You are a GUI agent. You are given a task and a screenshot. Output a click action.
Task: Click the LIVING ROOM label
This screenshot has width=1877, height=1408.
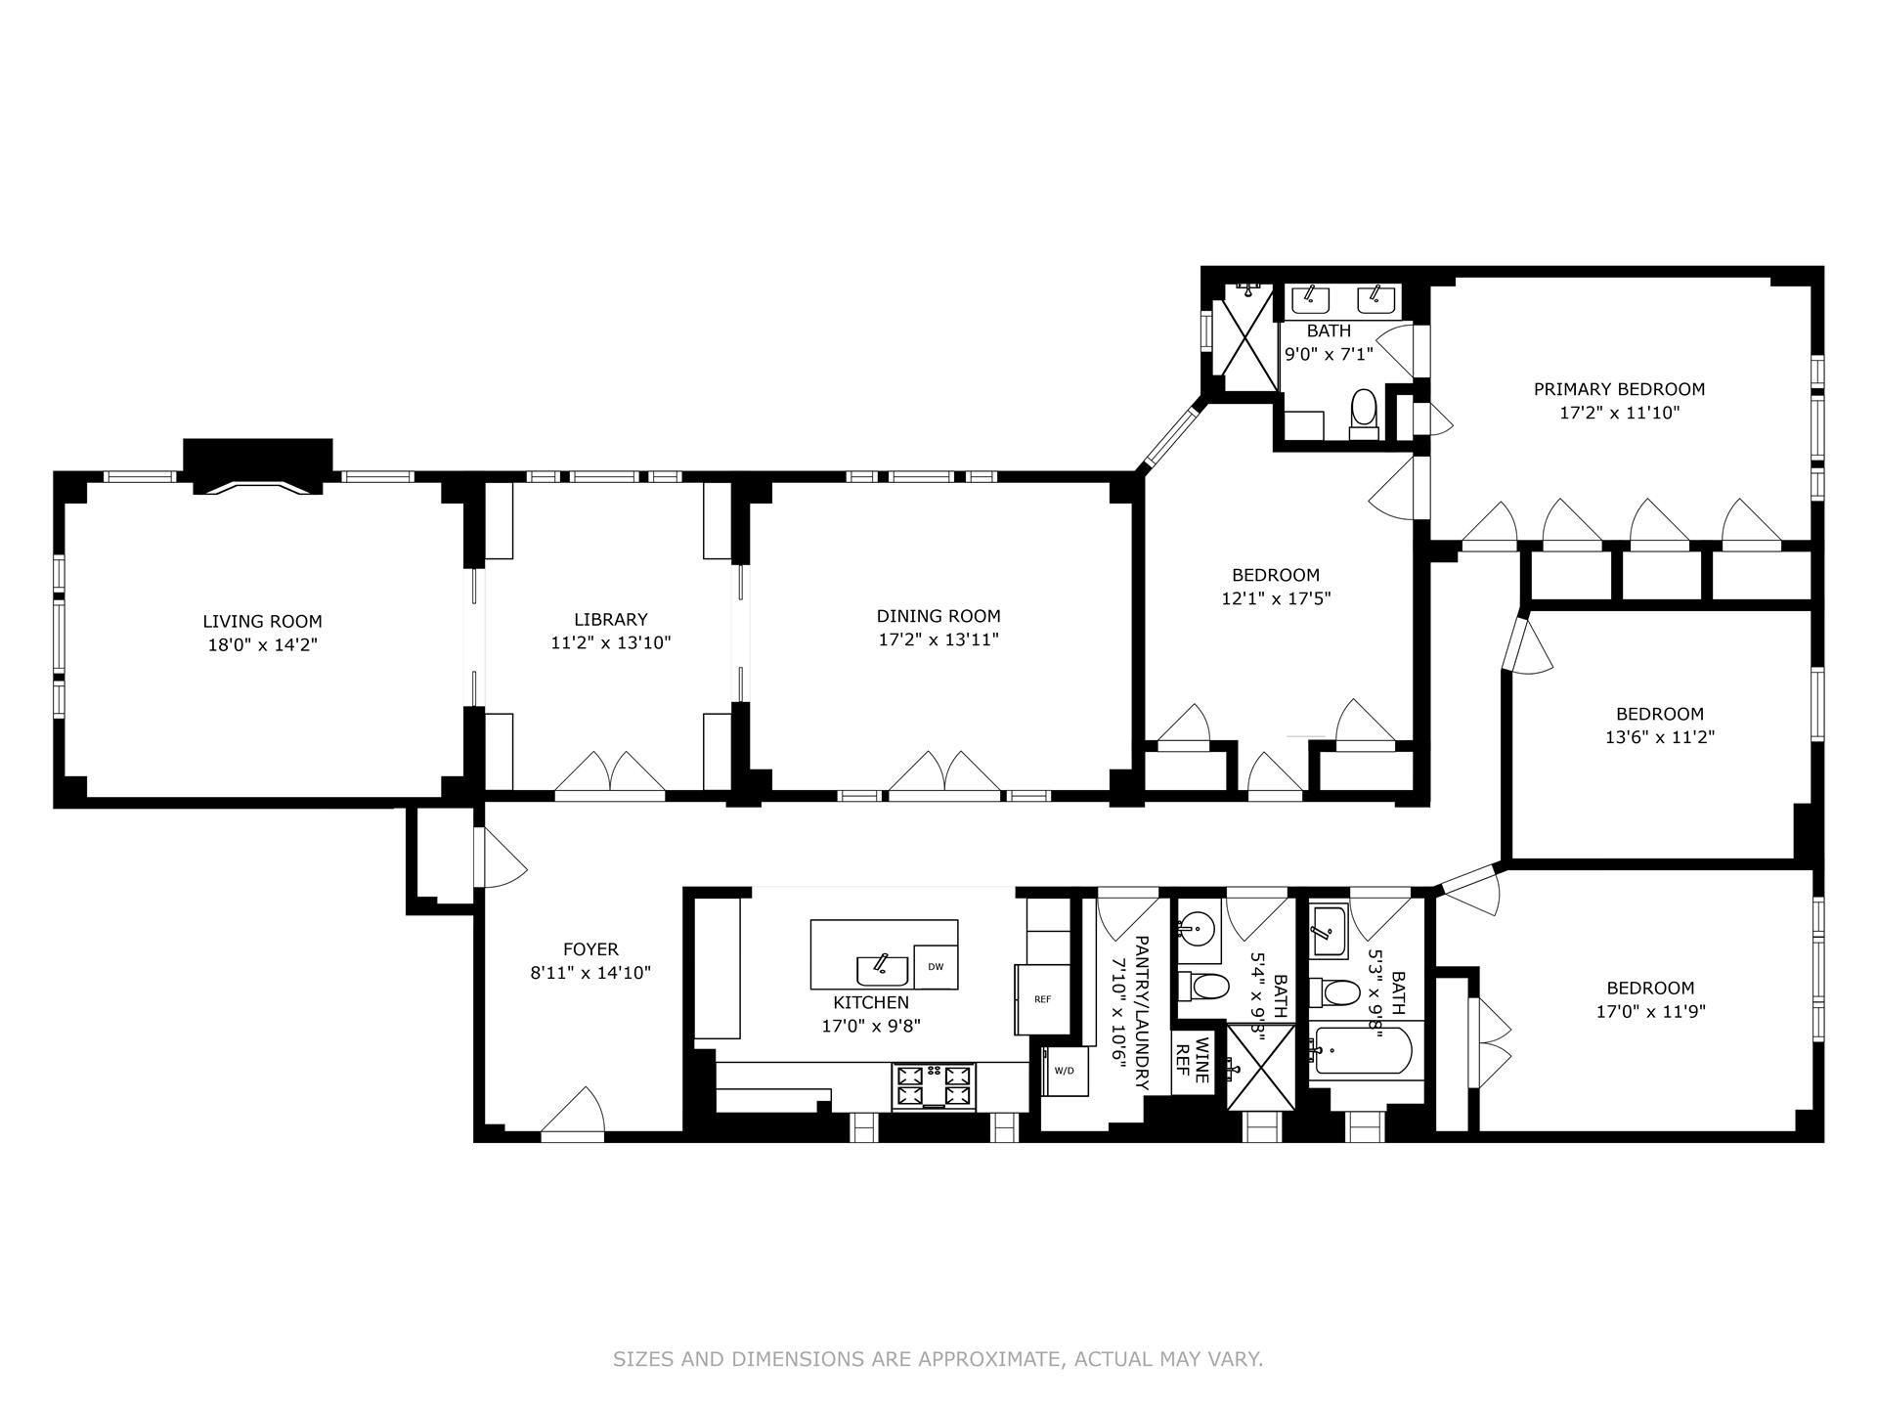[x=262, y=622]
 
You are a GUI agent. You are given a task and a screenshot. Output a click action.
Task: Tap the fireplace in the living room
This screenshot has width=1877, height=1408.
[x=258, y=468]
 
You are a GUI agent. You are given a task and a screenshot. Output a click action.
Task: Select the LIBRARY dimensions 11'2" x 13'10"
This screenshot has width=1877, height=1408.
[x=610, y=643]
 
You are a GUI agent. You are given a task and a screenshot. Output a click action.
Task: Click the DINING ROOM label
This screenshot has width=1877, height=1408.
[x=938, y=616]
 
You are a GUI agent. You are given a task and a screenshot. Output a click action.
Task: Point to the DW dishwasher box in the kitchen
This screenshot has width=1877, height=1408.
[x=936, y=967]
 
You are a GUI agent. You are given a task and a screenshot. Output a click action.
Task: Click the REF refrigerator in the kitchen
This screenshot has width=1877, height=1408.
[x=1042, y=999]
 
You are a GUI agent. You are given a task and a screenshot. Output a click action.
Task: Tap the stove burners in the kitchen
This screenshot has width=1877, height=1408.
[x=934, y=1086]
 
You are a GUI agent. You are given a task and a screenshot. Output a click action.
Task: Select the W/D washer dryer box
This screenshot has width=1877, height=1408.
[x=1064, y=1071]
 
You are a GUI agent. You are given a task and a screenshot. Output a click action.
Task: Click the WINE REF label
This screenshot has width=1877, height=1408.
[x=1192, y=1063]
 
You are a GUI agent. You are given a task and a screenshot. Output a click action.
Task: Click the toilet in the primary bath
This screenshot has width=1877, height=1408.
[x=1363, y=409]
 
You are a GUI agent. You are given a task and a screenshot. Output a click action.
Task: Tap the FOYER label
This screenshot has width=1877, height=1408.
[x=590, y=949]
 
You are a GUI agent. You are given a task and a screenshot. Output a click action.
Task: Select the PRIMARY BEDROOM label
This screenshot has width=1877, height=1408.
[x=1618, y=389]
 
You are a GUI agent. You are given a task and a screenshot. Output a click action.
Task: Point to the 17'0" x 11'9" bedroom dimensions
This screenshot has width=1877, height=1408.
[x=1650, y=1013]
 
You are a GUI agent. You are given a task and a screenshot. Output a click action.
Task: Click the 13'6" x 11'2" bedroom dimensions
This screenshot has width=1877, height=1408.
[x=1659, y=737]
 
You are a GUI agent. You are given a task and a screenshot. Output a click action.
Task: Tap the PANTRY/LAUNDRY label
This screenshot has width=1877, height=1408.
[x=1131, y=1013]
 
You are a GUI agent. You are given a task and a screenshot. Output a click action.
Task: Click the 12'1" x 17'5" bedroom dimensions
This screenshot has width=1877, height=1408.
[x=1276, y=598]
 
